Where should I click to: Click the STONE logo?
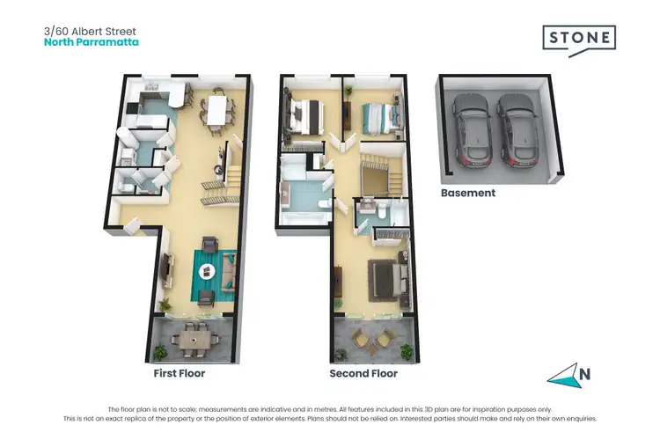coord(577,39)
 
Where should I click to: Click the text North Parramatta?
coord(92,41)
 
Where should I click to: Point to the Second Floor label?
coord(363,373)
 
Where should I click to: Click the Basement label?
coord(468,193)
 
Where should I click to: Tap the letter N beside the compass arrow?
coord(584,372)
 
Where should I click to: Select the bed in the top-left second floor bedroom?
coord(304,115)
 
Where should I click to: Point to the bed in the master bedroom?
coord(385,276)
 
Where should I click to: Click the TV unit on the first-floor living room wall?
coord(165,264)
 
